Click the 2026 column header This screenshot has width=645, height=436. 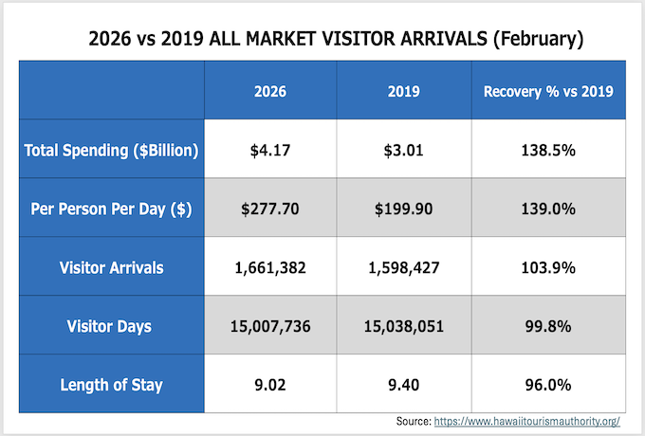coord(270,92)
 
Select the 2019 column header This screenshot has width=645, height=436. coord(404,92)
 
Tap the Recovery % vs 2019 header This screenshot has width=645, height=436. coord(548,92)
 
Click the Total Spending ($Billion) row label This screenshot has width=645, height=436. coord(109,151)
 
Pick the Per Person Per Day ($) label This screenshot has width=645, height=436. coord(109,209)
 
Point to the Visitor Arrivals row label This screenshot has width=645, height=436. coord(109,267)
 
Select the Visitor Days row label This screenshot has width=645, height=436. coord(109,326)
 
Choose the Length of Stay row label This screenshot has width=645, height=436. coord(109,384)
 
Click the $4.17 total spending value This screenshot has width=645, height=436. coord(270,151)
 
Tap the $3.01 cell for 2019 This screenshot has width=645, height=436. coord(404,151)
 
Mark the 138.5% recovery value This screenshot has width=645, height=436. coord(548,151)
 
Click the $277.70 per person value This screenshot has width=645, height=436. coord(270,209)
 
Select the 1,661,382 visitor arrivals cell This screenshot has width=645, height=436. coord(270,267)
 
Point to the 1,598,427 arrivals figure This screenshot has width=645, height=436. coord(404,267)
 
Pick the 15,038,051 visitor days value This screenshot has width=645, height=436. coord(404,326)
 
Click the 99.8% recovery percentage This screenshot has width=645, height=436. coord(548,326)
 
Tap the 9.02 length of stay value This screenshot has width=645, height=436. coord(270,384)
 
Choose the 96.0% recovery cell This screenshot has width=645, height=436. coord(548,384)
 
